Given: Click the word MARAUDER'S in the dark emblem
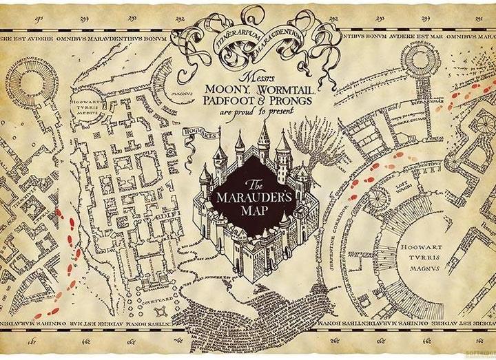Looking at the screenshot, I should coord(254,197).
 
